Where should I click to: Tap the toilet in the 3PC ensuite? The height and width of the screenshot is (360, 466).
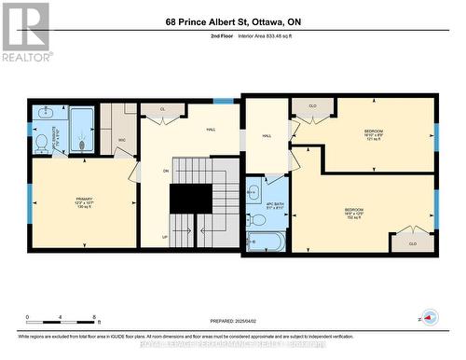click(x=42, y=143)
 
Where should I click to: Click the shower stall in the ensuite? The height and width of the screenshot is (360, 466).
click(x=81, y=129)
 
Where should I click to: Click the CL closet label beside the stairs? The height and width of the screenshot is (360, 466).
click(x=162, y=109)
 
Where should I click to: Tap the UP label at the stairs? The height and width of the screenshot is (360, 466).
click(x=166, y=237)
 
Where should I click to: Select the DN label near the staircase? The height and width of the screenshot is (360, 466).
click(x=167, y=171)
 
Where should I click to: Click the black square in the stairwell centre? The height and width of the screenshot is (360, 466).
click(x=191, y=199)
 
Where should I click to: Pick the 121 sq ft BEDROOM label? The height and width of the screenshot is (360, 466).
click(x=374, y=132)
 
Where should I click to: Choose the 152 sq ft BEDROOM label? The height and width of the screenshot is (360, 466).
click(x=354, y=212)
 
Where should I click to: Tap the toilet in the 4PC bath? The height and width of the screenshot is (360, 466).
click(x=260, y=219)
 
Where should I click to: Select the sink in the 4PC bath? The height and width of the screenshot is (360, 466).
click(x=254, y=190)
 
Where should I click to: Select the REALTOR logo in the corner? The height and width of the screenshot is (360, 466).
click(x=25, y=32)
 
